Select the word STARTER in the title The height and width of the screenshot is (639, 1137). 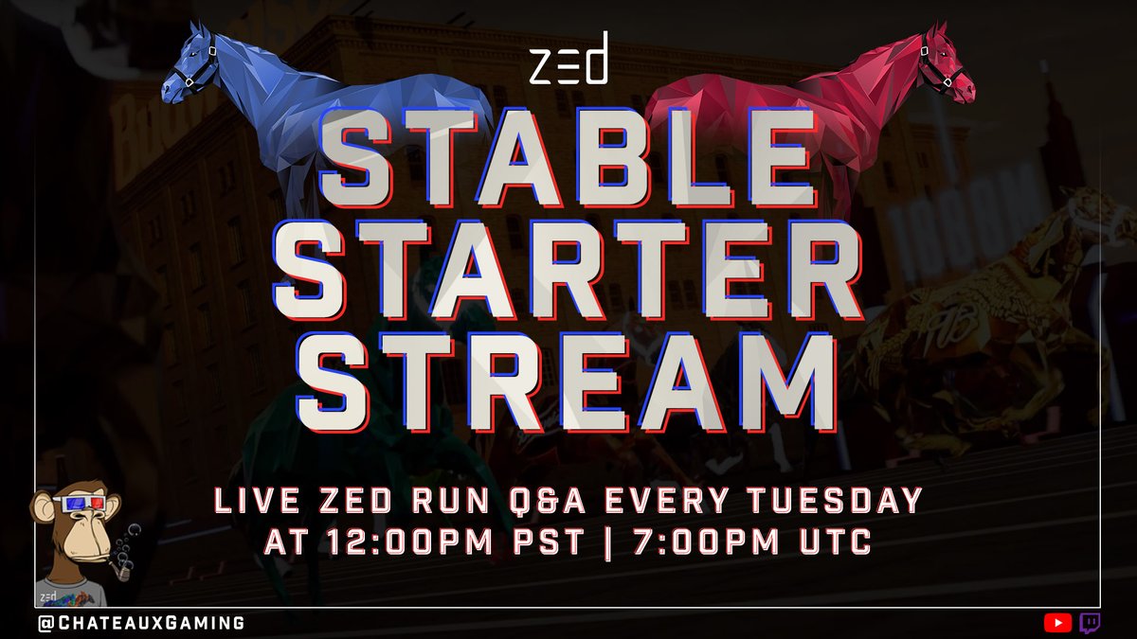568,275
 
